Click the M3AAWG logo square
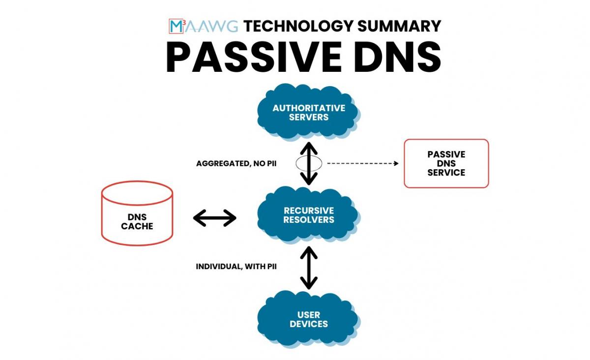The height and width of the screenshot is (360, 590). click(176, 26)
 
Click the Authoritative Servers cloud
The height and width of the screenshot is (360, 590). click(309, 113)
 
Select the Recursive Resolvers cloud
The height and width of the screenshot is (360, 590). click(309, 215)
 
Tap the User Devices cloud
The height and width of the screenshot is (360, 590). click(309, 319)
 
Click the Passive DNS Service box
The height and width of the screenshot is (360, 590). click(446, 163)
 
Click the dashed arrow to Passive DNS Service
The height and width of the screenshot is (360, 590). click(362, 163)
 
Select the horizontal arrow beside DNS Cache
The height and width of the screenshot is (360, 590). click(215, 218)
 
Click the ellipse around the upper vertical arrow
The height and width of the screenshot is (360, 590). click(298, 164)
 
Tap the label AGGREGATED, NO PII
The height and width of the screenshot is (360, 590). click(236, 163)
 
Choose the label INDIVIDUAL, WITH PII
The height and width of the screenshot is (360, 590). click(236, 267)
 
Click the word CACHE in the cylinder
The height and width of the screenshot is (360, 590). click(137, 226)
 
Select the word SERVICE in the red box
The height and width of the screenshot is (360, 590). click(446, 173)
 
